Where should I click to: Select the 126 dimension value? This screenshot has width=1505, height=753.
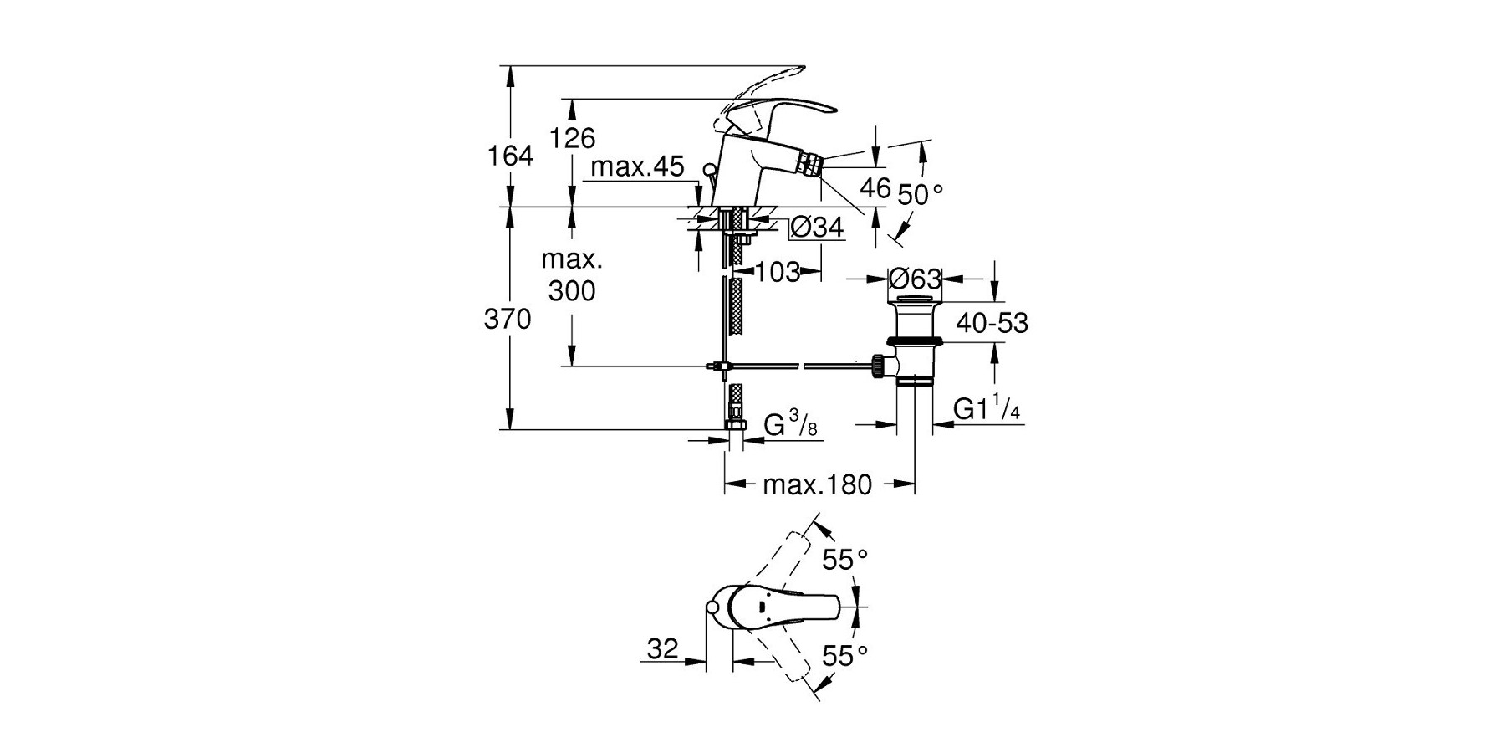(x=573, y=137)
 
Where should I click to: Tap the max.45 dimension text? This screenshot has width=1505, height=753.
(x=638, y=167)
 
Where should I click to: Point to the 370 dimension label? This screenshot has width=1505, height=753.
(x=508, y=319)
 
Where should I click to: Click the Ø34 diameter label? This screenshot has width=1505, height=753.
(x=817, y=227)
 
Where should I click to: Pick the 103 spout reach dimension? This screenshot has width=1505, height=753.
(x=778, y=272)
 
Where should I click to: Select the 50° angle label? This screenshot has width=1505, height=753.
(x=920, y=195)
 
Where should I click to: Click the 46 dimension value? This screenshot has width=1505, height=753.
(x=875, y=188)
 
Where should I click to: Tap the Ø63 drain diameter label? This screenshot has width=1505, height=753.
(x=915, y=279)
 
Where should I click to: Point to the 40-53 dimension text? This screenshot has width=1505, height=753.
(x=992, y=323)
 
